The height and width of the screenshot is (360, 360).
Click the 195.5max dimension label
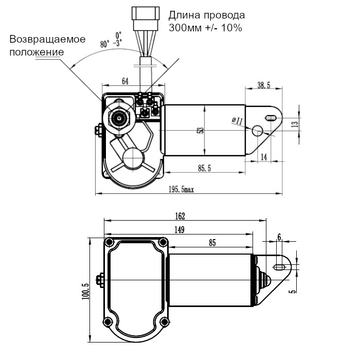pos(181,190)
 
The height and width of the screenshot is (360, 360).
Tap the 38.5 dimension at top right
pos(263,86)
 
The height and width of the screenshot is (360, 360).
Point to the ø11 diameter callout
pos(238,120)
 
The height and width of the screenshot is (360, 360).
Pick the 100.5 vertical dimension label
pos(85,291)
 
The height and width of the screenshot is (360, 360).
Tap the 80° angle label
pos(105,45)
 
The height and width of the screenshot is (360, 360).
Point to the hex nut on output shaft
pos(120,119)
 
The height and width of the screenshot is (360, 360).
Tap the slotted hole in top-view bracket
pos(270,117)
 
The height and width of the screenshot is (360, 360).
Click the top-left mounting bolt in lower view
pos(109,242)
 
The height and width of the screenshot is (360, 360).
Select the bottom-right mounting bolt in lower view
pos(164,322)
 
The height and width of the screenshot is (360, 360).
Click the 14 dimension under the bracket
pos(264,157)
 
